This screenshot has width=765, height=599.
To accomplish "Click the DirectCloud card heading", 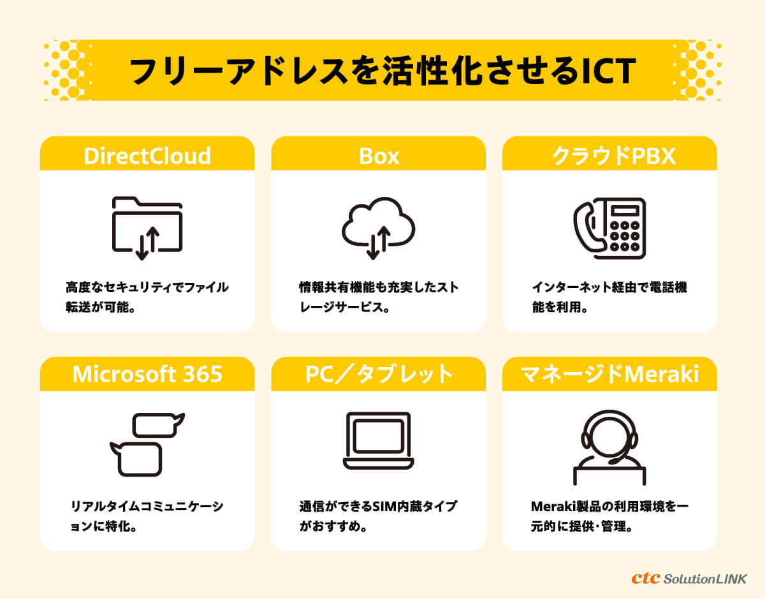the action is click(147, 156).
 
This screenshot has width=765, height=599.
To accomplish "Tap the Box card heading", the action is click(379, 156).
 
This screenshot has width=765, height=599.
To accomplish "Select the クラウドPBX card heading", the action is click(614, 156).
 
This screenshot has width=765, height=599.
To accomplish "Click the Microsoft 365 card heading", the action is click(147, 373).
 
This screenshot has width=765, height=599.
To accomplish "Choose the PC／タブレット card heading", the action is click(379, 373).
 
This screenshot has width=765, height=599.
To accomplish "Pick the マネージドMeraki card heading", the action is click(609, 373).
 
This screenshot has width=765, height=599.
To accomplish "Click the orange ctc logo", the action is click(646, 578).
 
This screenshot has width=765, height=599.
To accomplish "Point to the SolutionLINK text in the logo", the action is click(705, 579).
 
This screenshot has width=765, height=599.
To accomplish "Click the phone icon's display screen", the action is click(625, 211).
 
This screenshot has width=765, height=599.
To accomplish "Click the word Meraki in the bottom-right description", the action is click(553, 507).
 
